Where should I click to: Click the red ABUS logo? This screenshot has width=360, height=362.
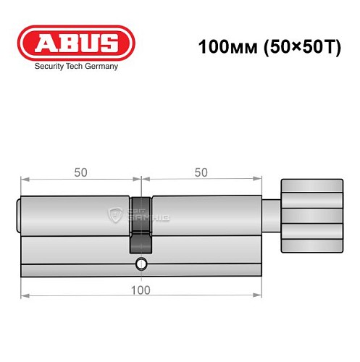(x=75, y=43)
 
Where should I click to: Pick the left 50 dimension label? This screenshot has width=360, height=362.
(x=81, y=172)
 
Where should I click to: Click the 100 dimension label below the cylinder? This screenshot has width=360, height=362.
(x=141, y=290)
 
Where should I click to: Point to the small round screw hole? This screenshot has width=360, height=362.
(x=141, y=264)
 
